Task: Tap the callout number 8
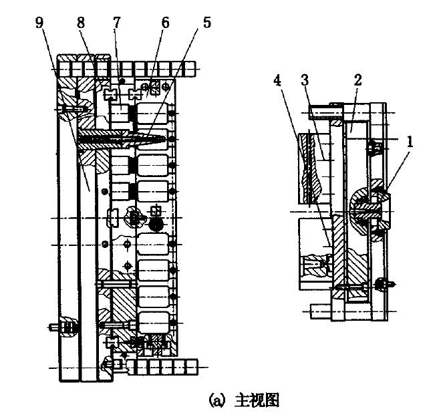click(82, 23)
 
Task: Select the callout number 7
click(117, 23)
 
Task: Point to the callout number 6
click(166, 23)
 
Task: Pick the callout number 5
click(206, 23)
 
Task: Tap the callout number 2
click(357, 81)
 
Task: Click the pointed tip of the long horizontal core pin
click(162, 139)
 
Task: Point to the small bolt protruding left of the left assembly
click(57, 328)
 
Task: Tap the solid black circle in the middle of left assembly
click(154, 226)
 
